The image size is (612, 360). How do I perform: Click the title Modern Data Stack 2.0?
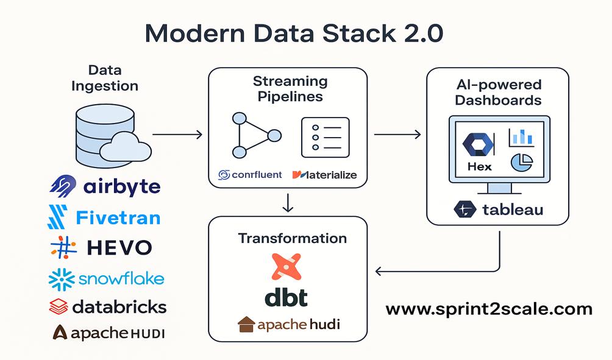click(294, 35)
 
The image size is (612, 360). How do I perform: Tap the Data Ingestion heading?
click(105, 78)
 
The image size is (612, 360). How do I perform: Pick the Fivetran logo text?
click(118, 217)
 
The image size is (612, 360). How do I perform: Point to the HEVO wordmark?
click(119, 247)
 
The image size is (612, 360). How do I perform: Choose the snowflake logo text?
click(121, 279)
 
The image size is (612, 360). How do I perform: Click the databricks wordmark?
click(119, 307)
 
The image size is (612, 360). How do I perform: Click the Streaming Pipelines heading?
click(290, 88)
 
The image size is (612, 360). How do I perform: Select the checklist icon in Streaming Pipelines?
click(325, 138)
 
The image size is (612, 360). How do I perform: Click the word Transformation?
click(292, 238)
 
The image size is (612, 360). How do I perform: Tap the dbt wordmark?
click(286, 297)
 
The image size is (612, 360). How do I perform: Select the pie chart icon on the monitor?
click(521, 162)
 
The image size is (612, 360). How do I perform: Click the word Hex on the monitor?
click(479, 166)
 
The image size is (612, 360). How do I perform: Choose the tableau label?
click(512, 210)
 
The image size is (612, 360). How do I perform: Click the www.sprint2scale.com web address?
click(489, 309)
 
